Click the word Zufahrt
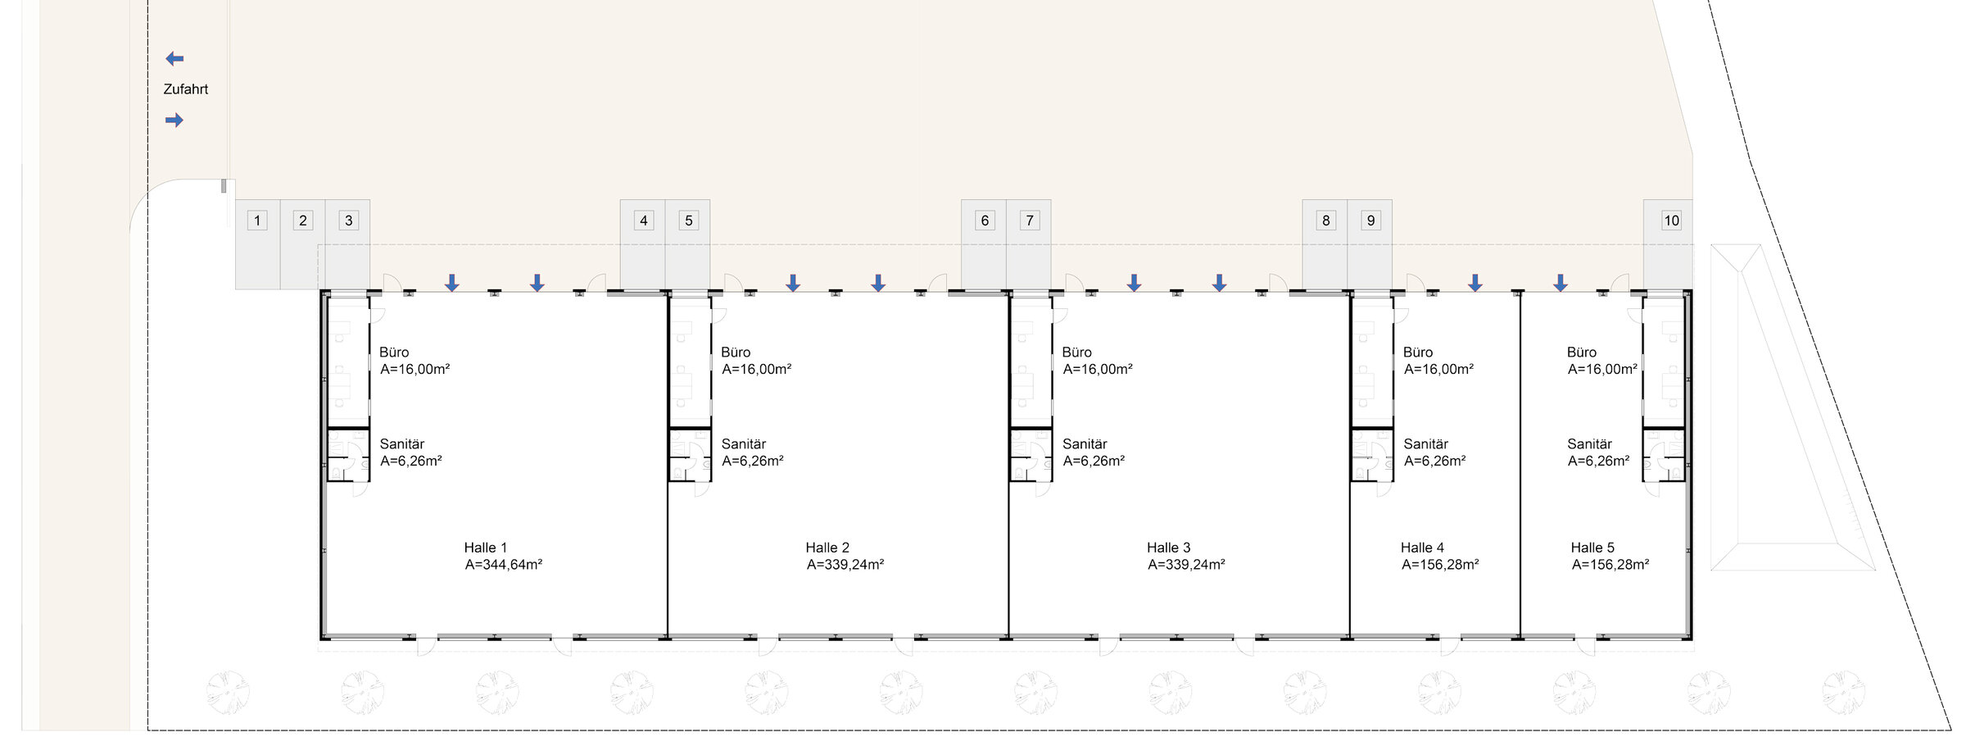(186, 89)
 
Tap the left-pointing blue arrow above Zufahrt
(174, 59)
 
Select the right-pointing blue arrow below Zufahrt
(174, 121)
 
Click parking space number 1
(257, 244)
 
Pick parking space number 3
(348, 244)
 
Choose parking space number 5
(688, 244)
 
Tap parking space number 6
(984, 244)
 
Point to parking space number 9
(1370, 244)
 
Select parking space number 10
(1669, 244)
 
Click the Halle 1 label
(486, 548)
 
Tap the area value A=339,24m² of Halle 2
(845, 565)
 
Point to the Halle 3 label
(1169, 548)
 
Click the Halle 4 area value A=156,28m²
(1440, 565)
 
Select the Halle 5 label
(1592, 548)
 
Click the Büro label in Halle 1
(394, 352)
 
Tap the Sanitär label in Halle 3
(1085, 444)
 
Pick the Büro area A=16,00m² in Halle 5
(1602, 370)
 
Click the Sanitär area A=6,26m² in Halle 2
(753, 462)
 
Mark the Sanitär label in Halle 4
(1426, 444)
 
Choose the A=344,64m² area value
(504, 565)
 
